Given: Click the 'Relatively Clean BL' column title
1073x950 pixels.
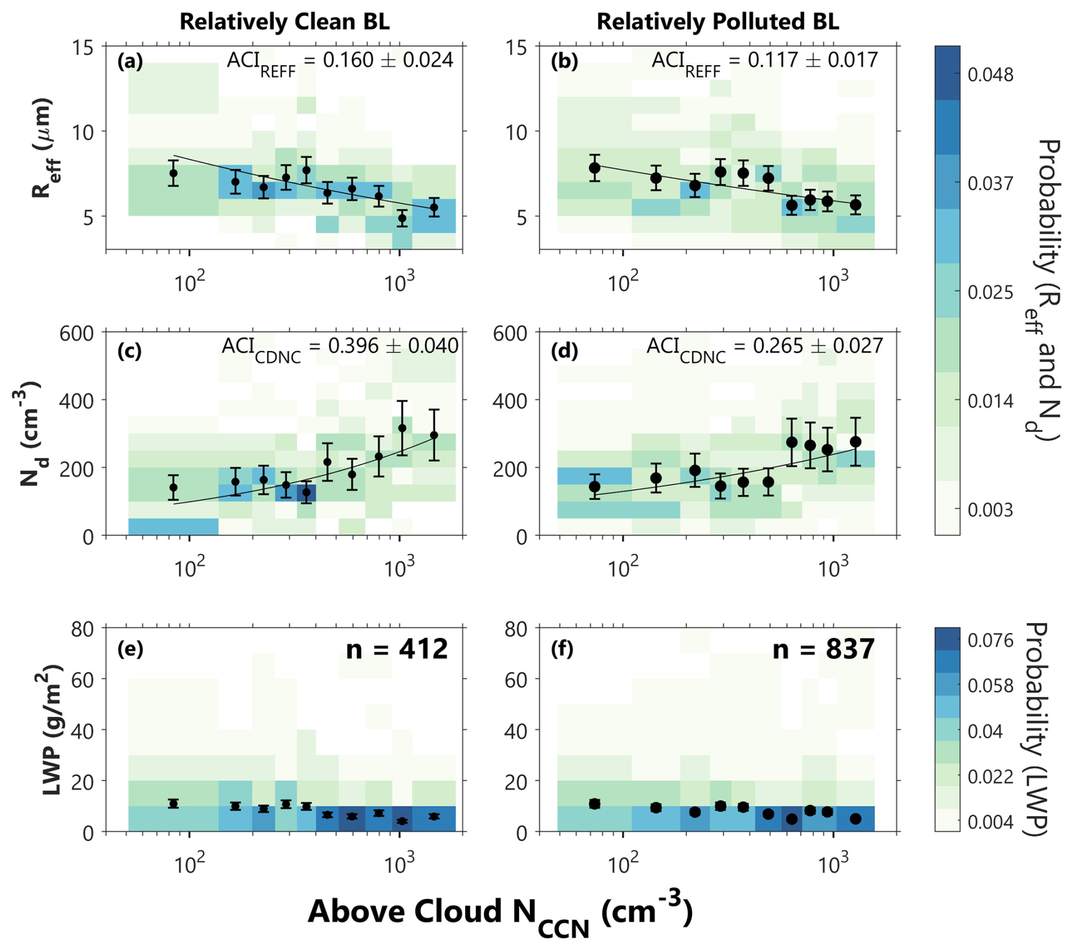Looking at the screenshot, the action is point(285,22).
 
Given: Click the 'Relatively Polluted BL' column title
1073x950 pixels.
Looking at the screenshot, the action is point(718,22).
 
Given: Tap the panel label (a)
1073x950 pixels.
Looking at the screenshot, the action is point(130,61).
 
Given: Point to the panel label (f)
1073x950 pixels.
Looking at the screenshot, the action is point(563,649).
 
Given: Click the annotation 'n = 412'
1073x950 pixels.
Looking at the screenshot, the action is point(397,649).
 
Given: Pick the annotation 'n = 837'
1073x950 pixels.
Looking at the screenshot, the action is point(823,649).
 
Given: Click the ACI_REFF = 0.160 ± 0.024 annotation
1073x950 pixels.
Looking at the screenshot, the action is point(340,62).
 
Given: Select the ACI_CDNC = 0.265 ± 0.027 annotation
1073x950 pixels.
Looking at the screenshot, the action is point(765,348).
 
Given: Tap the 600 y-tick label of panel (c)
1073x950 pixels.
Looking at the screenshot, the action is point(77,332).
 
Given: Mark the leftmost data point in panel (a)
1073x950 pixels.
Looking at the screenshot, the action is point(174,173).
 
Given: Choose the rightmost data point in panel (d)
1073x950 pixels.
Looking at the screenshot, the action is point(855,441).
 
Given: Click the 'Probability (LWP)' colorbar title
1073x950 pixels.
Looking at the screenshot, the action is point(1037,729).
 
